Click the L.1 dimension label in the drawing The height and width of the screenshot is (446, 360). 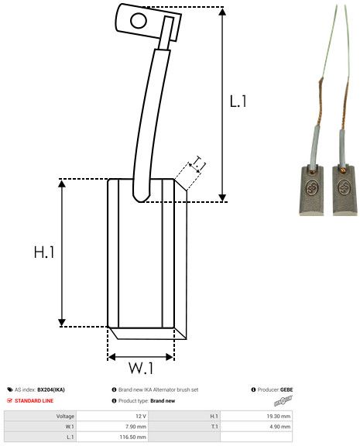point(238,101)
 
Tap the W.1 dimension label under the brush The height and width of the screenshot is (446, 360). point(141,367)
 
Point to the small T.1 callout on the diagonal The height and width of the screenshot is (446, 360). point(198,163)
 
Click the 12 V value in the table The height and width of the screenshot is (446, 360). point(139,416)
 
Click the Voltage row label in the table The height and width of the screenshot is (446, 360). point(65,416)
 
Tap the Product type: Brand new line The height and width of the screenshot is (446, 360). point(152,400)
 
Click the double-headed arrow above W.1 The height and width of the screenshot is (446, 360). point(141,357)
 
